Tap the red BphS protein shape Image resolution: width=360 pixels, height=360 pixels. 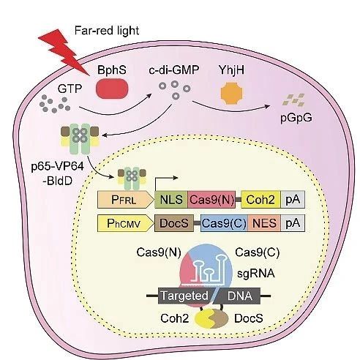112,89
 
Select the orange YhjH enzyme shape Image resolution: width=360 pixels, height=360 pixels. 231,93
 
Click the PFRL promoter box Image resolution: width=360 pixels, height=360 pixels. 125,200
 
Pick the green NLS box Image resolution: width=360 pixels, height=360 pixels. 171,200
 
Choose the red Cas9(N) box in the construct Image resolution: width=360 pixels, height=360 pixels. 211,200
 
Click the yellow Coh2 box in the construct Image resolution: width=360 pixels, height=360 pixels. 260,200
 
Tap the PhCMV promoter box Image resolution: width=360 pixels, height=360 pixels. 125,223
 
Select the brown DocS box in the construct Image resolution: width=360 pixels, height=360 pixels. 174,223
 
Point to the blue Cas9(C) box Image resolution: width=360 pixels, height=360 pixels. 224,223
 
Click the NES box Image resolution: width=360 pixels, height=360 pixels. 264,223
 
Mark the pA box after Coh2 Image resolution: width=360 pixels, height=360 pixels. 293,200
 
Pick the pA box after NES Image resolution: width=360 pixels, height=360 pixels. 293,223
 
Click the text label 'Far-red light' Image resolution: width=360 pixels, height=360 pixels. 107,31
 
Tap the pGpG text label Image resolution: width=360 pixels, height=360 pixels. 296,119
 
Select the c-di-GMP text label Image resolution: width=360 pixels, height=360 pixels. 174,70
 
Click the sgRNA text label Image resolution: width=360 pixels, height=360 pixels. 256,274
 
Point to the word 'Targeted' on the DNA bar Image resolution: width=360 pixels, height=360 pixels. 184,296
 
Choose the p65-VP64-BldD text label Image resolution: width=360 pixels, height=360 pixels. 58,173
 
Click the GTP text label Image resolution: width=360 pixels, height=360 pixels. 70,89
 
